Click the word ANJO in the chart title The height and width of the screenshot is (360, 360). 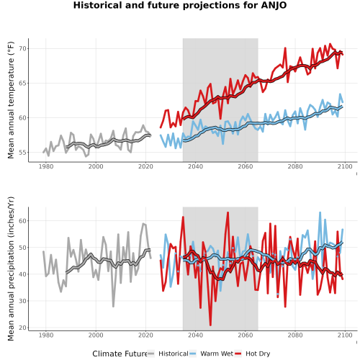(274, 5)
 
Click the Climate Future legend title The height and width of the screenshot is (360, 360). (120, 354)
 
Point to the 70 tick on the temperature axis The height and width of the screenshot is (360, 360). (22, 48)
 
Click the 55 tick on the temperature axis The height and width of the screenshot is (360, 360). (22, 153)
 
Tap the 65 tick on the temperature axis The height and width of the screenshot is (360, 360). (22, 83)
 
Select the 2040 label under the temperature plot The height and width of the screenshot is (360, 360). (195, 166)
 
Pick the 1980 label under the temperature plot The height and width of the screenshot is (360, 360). (46, 166)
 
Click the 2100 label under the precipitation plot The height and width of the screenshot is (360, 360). (345, 335)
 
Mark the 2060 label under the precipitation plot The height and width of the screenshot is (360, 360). (246, 335)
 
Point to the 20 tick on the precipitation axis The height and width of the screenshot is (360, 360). (22, 328)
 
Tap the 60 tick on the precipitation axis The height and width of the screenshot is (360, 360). (22, 220)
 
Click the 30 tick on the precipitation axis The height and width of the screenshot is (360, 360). (22, 301)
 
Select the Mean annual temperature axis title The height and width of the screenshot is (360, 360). (11, 100)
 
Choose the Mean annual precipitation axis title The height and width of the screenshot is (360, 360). (11, 269)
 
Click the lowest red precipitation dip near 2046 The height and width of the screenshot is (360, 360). (210, 325)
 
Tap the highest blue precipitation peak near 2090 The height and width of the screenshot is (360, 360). (320, 212)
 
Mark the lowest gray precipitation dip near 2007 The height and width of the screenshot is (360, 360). (113, 306)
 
